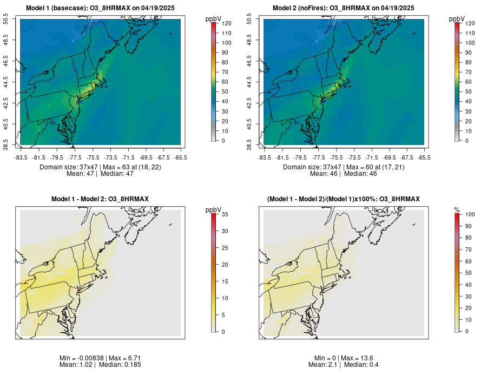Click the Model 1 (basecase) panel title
(101, 8)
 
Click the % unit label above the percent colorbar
(457, 209)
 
